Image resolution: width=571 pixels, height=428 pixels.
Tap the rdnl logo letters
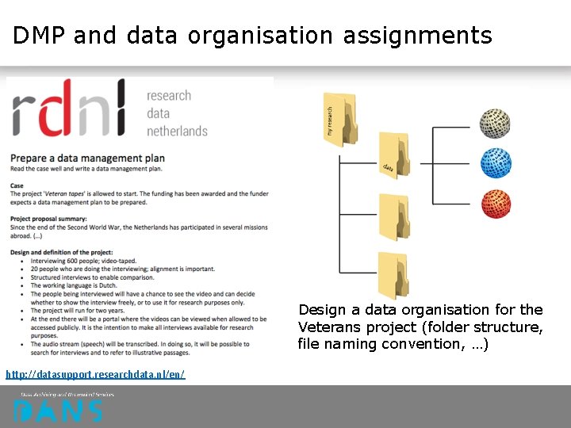pos(69,113)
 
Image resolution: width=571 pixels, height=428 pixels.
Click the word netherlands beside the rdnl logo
pos(177,131)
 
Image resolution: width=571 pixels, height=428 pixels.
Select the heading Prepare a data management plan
pos(87,158)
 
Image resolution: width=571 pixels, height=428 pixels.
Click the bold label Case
pos(17,186)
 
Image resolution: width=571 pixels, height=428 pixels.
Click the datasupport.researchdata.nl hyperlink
pos(95,373)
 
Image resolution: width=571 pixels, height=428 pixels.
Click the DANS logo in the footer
pos(57,411)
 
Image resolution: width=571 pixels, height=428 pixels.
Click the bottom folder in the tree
pos(393,274)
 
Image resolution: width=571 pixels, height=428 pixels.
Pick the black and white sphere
pos(496,124)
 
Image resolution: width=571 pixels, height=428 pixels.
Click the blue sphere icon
pos(496,163)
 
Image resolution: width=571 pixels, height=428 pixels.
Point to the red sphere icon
pos(496,204)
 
